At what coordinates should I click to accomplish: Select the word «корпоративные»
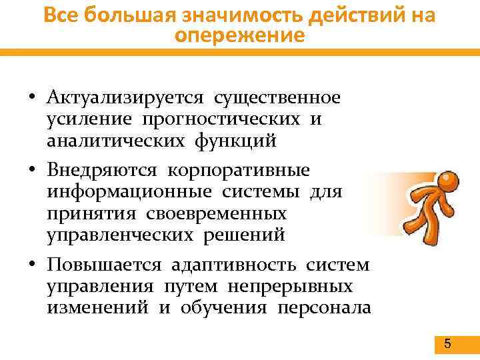pyautogui.click(x=238, y=171)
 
